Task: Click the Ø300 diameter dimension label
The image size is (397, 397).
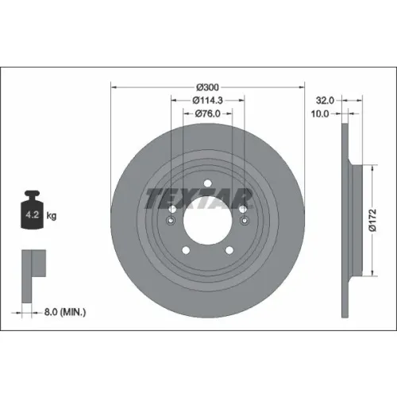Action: (207, 87)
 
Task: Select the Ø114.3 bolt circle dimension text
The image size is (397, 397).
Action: (207, 100)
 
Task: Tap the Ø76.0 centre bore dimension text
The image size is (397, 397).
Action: (207, 114)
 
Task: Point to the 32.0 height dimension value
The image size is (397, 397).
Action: (325, 100)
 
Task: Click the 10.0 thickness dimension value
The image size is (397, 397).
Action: (320, 114)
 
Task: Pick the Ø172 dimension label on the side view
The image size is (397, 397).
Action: (372, 220)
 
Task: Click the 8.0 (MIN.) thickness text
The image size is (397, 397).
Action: (65, 312)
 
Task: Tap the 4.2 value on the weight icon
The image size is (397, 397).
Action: (33, 214)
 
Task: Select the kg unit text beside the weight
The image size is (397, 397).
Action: (52, 216)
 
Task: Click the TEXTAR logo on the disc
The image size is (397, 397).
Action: (198, 198)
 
